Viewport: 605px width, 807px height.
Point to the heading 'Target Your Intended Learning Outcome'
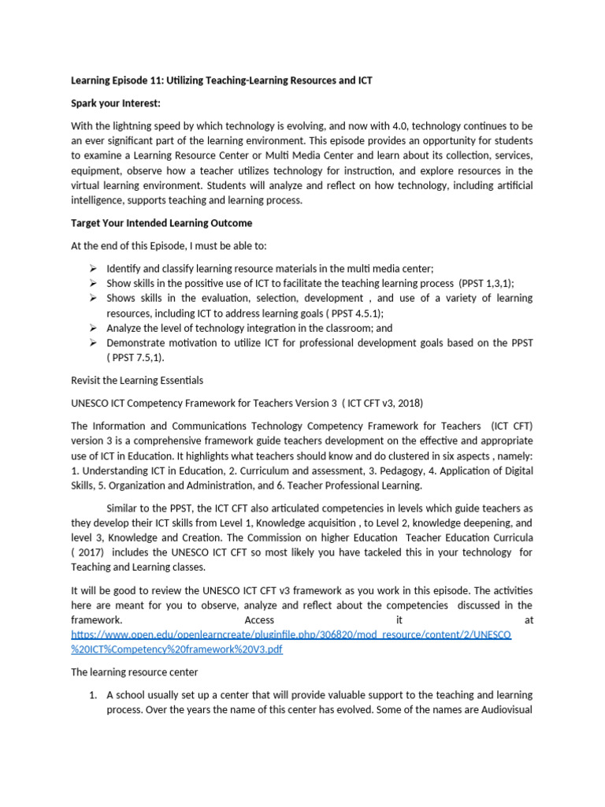tap(161, 223)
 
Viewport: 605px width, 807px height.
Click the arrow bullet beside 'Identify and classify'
tap(93, 268)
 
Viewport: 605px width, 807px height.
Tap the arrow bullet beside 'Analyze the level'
tap(93, 328)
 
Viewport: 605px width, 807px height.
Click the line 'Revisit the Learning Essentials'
tap(137, 380)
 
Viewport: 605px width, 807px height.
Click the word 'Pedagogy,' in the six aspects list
tap(404, 456)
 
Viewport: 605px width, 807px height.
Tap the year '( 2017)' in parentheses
tap(89, 552)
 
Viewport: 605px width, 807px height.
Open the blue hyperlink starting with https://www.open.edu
tap(291, 634)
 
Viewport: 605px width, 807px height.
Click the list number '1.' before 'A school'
tap(92, 695)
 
